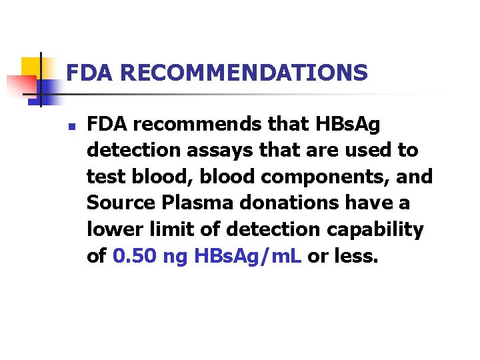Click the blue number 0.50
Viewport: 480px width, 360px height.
tap(135, 257)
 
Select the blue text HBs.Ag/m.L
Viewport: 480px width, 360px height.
tap(249, 257)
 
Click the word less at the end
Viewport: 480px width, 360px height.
tap(355, 257)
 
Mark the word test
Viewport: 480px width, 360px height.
tap(105, 177)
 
